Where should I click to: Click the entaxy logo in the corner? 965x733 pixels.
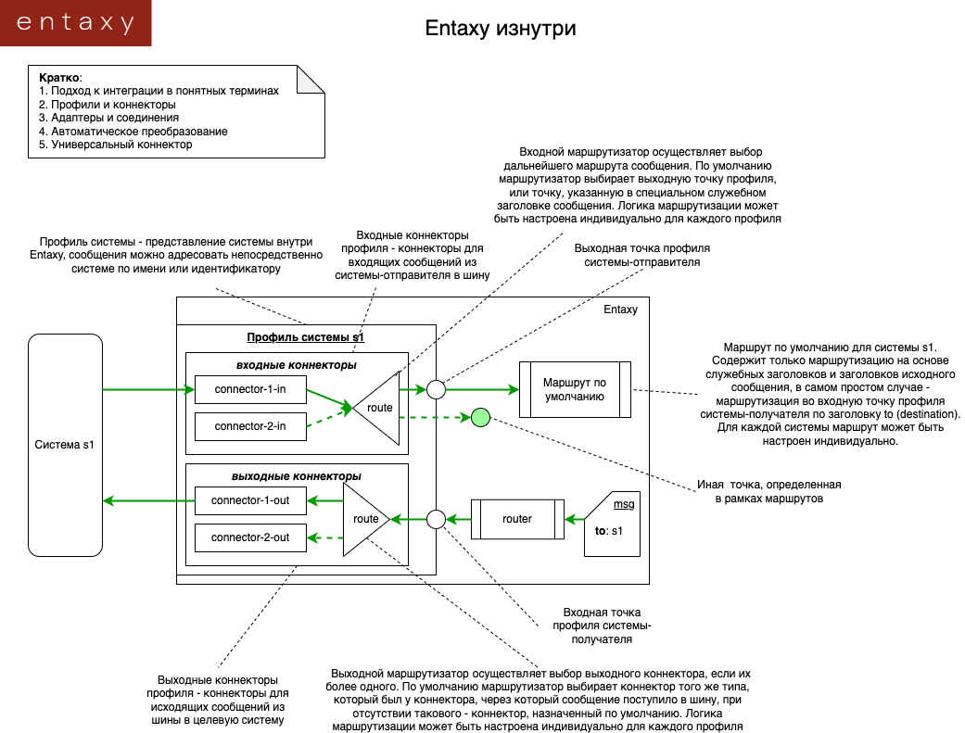[x=75, y=23]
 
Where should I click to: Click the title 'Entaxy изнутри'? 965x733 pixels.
[x=501, y=29]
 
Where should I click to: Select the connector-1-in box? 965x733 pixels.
[x=250, y=389]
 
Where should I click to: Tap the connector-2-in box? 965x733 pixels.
[x=250, y=426]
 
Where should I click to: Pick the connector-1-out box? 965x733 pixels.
[x=250, y=500]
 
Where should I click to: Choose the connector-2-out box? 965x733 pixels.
[x=250, y=537]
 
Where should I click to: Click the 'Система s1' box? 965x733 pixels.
[x=65, y=445]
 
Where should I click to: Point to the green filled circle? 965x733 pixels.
[x=479, y=418]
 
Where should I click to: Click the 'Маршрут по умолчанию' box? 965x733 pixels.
[x=575, y=389]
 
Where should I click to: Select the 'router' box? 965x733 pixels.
[x=517, y=519]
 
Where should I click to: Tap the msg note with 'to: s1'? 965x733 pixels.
[x=612, y=524]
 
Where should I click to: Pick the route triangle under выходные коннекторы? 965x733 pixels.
[x=364, y=519]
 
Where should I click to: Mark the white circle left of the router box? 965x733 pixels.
[x=436, y=519]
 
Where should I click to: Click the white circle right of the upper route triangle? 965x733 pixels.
[x=436, y=389]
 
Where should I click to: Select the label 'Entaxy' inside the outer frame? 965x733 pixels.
[x=620, y=310]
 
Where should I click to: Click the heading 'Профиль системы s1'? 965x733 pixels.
[x=305, y=337]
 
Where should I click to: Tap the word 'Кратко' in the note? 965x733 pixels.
[x=59, y=78]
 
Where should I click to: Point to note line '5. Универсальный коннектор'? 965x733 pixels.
[x=115, y=145]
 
